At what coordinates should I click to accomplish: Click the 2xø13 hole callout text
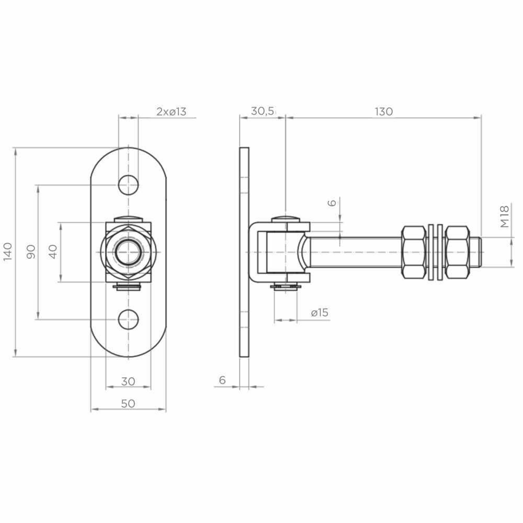[x=171, y=111]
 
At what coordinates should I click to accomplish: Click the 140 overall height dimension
[x=7, y=252]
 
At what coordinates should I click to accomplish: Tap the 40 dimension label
[x=53, y=252]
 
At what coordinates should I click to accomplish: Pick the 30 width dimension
[x=128, y=381]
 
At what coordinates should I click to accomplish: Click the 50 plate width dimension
[x=128, y=403]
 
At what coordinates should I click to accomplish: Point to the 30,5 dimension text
[x=263, y=111]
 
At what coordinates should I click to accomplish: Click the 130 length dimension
[x=383, y=111]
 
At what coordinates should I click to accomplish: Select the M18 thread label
[x=504, y=217]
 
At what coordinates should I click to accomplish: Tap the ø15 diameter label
[x=319, y=313]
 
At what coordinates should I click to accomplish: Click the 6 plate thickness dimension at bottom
[x=222, y=380]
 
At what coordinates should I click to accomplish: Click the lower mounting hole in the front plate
[x=128, y=319]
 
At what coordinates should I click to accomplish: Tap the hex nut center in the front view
[x=128, y=252]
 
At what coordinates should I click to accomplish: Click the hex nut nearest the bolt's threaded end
[x=457, y=252]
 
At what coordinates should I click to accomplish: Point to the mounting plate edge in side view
[x=244, y=252]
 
